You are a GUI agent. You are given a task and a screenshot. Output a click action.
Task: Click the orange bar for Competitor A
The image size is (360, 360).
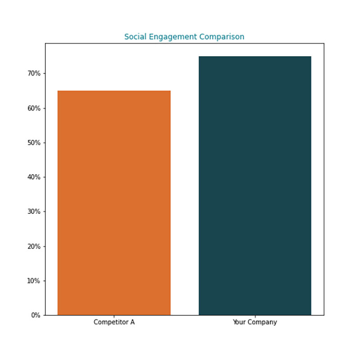[114, 202]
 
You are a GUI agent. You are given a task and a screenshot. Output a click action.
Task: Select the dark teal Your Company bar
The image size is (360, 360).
[255, 185]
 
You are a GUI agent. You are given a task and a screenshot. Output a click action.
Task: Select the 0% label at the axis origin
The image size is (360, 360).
[36, 315]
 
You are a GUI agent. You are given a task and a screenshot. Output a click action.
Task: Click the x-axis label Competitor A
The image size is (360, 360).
[114, 322]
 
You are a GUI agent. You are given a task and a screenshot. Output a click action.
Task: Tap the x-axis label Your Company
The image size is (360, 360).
[255, 322]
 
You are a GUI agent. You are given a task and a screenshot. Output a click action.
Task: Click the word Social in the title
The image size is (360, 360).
[134, 36]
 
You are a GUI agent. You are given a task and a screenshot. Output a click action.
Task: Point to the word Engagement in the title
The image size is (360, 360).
[171, 37]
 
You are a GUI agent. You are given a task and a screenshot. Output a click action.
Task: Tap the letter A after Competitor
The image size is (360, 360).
[132, 322]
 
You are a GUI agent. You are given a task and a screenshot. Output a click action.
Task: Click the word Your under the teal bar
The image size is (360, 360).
[239, 322]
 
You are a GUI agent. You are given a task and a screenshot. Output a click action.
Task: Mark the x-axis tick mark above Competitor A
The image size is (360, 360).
[114, 316]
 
